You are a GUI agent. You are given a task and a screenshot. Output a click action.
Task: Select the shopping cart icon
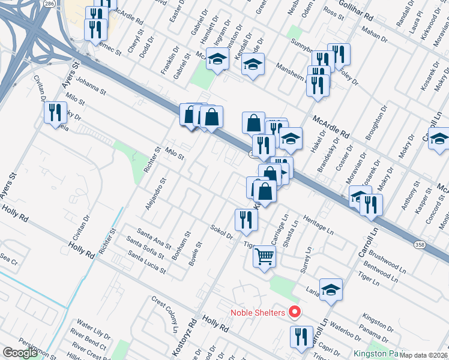point(264,257)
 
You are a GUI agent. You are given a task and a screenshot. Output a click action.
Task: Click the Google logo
point(20,353)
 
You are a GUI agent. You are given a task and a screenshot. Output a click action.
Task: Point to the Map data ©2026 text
point(424,355)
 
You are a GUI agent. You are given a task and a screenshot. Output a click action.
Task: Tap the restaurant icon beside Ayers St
point(56,113)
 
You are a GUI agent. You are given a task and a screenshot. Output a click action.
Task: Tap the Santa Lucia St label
point(146,262)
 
